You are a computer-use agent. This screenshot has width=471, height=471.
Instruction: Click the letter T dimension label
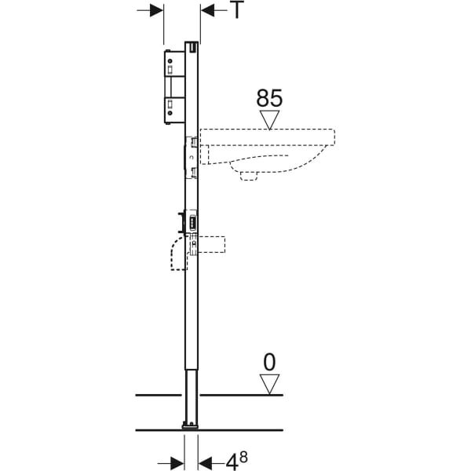(238, 9)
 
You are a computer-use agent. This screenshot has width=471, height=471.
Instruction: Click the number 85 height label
(269, 98)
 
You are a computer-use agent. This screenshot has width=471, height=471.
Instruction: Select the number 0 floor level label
(269, 363)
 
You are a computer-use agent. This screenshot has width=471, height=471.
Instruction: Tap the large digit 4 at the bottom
(232, 462)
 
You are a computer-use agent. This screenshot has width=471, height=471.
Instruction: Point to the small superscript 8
(243, 457)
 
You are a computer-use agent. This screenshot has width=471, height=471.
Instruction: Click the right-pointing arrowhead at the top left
(157, 10)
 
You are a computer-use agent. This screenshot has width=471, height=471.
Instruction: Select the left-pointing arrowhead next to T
(207, 10)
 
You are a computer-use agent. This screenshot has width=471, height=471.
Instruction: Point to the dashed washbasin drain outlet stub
(249, 177)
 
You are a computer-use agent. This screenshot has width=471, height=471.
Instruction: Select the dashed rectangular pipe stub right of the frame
(212, 244)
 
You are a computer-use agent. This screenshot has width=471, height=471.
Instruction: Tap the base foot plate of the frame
(190, 425)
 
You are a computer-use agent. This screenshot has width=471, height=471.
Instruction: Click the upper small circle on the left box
(170, 60)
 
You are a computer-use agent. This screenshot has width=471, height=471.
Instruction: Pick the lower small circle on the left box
(170, 113)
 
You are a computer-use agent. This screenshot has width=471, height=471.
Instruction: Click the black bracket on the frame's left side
(181, 223)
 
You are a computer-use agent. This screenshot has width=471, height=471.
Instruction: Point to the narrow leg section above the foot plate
(192, 396)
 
